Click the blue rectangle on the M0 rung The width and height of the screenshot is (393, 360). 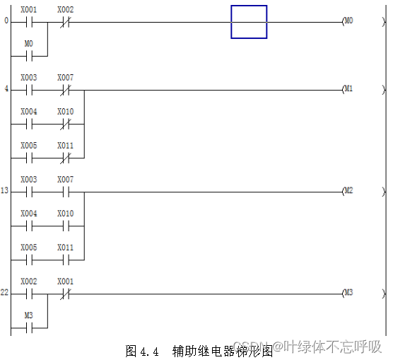point(249,22)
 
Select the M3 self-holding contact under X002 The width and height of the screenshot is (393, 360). point(29,327)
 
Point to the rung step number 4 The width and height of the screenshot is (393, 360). point(6,90)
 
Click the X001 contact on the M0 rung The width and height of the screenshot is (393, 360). point(29,22)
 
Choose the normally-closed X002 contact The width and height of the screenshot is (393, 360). point(65,22)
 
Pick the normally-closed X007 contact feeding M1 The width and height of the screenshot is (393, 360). point(65,90)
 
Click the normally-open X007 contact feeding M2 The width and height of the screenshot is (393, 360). point(65,192)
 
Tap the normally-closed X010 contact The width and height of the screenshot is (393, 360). point(65,124)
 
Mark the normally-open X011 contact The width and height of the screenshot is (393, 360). point(65,260)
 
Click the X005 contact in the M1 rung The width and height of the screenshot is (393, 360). point(29,158)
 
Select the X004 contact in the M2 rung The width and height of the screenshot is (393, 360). point(29,226)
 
